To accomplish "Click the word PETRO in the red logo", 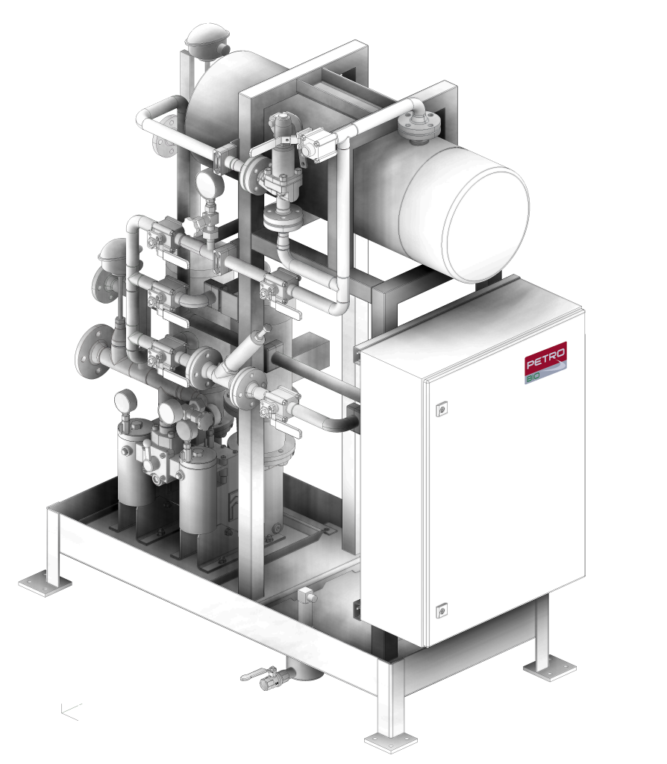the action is click(545, 358).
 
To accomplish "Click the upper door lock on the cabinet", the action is click(442, 408).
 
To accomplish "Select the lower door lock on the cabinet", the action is click(442, 610).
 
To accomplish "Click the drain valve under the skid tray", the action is click(267, 677).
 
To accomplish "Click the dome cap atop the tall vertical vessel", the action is click(207, 39).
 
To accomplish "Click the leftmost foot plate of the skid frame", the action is click(45, 584).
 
